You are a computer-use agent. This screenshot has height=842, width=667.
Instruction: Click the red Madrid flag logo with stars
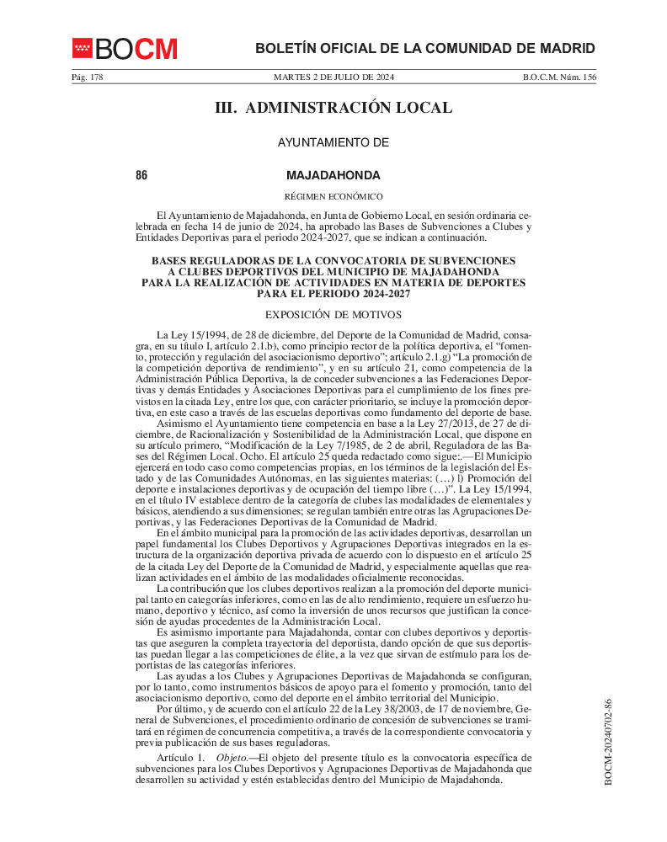pyautogui.click(x=82, y=49)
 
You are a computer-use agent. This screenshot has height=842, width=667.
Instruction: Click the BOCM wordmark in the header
pyautogui.click(x=136, y=49)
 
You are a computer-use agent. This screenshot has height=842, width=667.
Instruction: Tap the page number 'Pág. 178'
pyautogui.click(x=87, y=77)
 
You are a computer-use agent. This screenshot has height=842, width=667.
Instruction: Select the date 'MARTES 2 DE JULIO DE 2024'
pyautogui.click(x=333, y=77)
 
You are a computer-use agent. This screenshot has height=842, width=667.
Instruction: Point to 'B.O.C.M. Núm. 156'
pyautogui.click(x=559, y=77)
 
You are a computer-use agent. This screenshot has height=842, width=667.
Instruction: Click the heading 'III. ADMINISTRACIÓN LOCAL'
pyautogui.click(x=333, y=108)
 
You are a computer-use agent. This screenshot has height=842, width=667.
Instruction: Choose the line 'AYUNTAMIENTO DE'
pyautogui.click(x=333, y=143)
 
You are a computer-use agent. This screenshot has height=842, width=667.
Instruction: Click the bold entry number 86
pyautogui.click(x=141, y=176)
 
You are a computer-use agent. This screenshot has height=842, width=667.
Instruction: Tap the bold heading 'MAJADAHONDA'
pyautogui.click(x=333, y=176)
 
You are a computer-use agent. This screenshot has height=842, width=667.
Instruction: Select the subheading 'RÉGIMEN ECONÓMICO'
pyautogui.click(x=333, y=196)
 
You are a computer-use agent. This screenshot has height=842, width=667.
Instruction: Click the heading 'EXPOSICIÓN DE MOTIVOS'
pyautogui.click(x=333, y=315)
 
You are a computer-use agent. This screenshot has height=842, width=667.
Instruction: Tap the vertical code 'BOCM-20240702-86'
pyautogui.click(x=608, y=742)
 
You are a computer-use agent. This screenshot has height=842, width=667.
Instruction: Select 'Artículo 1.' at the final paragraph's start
pyautogui.click(x=180, y=759)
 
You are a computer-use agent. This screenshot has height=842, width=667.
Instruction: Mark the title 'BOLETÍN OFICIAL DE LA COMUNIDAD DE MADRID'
pyautogui.click(x=425, y=49)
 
